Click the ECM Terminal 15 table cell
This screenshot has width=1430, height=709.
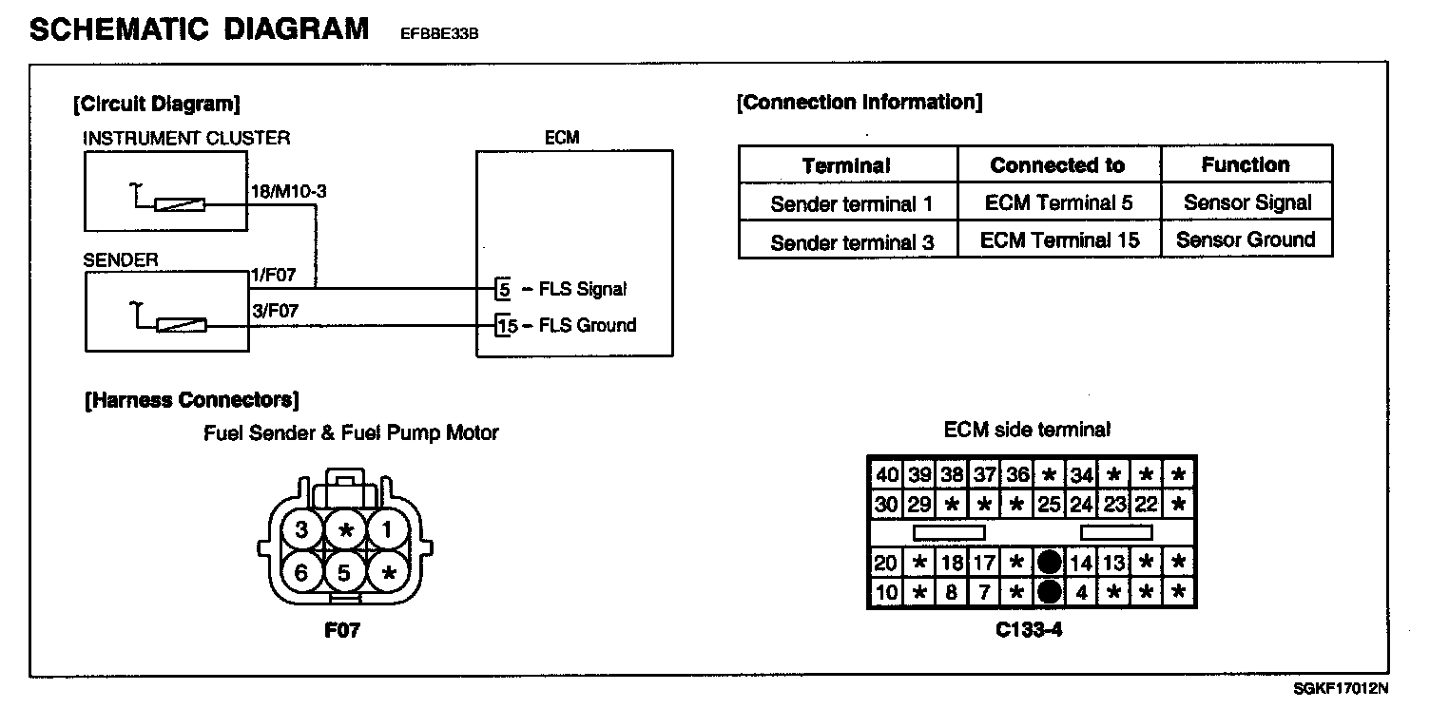coord(1059,240)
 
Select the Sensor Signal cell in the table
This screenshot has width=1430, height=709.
coord(1246,202)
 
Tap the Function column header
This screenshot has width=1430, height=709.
coord(1246,164)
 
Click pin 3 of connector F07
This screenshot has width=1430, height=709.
coord(302,530)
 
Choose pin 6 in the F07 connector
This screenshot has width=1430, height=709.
coord(302,572)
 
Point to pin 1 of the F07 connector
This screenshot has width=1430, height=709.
coord(387,530)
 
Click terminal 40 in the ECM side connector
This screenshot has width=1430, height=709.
coord(886,474)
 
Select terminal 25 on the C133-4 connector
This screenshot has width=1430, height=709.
coord(1049,504)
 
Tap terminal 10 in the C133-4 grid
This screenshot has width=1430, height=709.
coord(886,593)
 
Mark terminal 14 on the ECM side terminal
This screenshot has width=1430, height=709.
coord(1081,564)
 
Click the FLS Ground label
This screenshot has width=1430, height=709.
coord(587,326)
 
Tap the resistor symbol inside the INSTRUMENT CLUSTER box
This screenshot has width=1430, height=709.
coord(180,203)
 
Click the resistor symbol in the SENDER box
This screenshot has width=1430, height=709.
coord(181,326)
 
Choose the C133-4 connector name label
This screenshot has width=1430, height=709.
coord(1031,628)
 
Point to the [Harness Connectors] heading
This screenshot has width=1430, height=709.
coord(192,400)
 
